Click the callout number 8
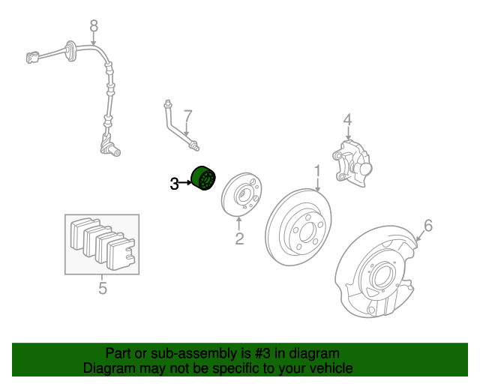[94, 26]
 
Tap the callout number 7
[188, 115]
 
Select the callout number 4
[347, 119]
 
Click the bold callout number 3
[174, 183]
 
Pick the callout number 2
[239, 239]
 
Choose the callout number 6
[428, 225]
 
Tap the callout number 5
[103, 287]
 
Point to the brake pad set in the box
[102, 243]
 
